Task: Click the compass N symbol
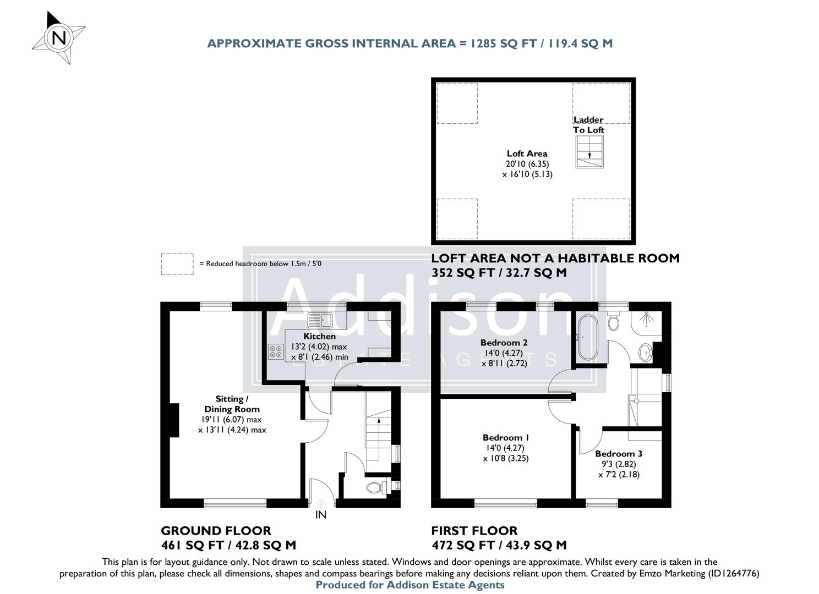click(59, 38)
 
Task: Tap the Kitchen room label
click(319, 336)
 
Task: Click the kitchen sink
click(319, 318)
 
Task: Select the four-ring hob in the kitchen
click(275, 351)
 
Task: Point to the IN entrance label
click(320, 515)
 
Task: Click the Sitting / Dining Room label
click(232, 404)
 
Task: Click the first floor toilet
click(614, 321)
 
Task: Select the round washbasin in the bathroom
click(645, 352)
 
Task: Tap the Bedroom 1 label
click(506, 438)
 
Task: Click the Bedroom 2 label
click(504, 343)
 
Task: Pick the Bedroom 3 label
click(619, 454)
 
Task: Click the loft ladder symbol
click(589, 152)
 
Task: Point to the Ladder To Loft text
click(588, 125)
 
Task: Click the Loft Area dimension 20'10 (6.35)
click(527, 164)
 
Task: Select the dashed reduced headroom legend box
click(177, 264)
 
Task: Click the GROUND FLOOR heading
click(216, 531)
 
